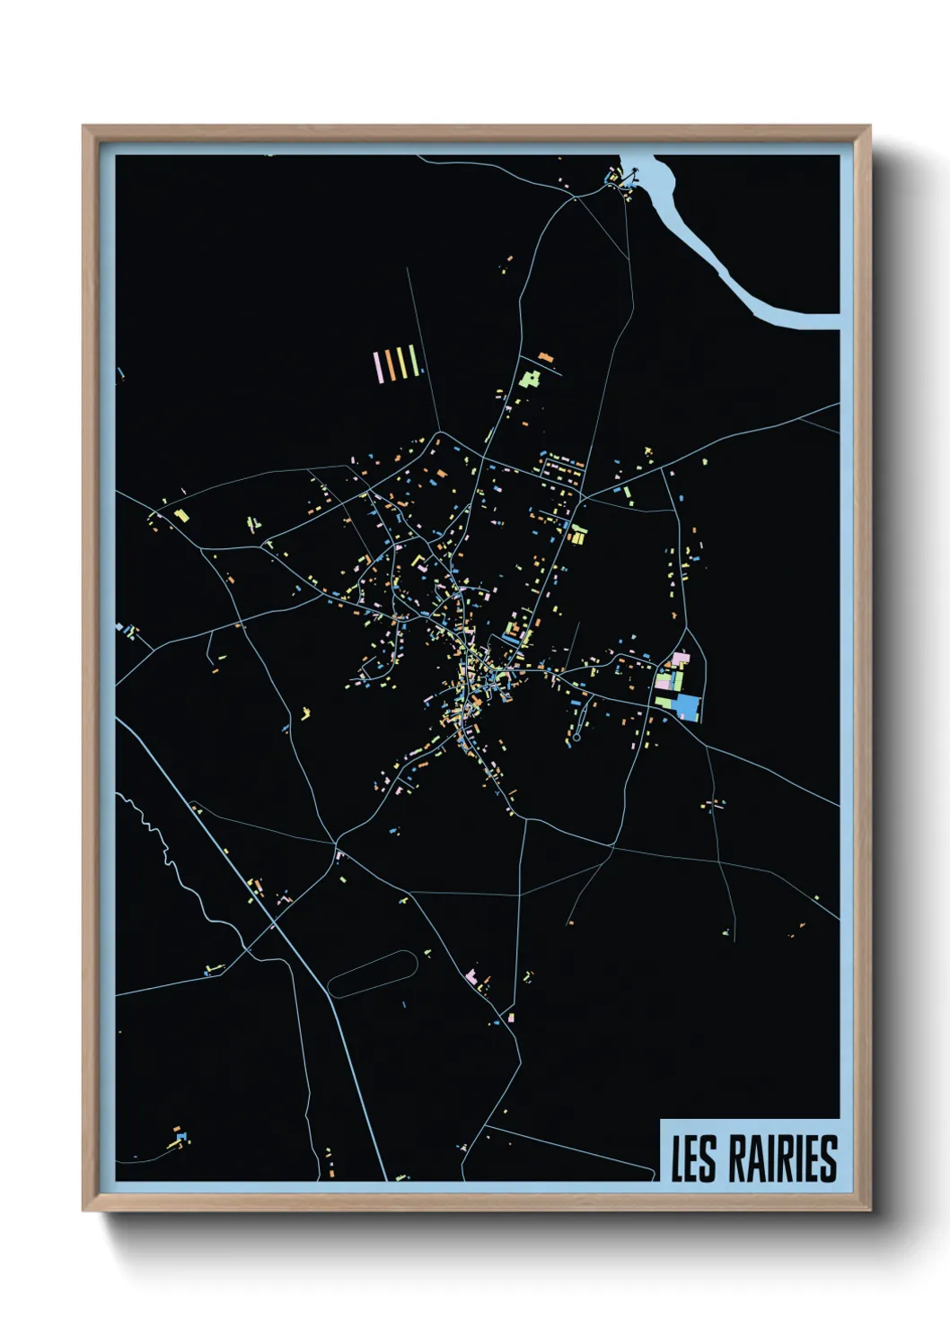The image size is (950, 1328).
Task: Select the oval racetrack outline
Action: (372, 974)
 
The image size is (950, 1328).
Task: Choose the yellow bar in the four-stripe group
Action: (401, 362)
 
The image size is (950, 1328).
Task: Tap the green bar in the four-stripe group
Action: (413, 361)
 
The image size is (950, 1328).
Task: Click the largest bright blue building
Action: (688, 706)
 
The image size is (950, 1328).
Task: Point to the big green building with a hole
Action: (529, 378)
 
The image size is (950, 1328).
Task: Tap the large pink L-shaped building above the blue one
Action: (680, 660)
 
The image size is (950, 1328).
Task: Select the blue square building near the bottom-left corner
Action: (182, 1137)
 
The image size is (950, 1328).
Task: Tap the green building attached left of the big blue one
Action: (665, 700)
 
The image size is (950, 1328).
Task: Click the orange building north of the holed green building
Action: (544, 358)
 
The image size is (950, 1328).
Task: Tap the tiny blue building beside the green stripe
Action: (421, 370)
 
